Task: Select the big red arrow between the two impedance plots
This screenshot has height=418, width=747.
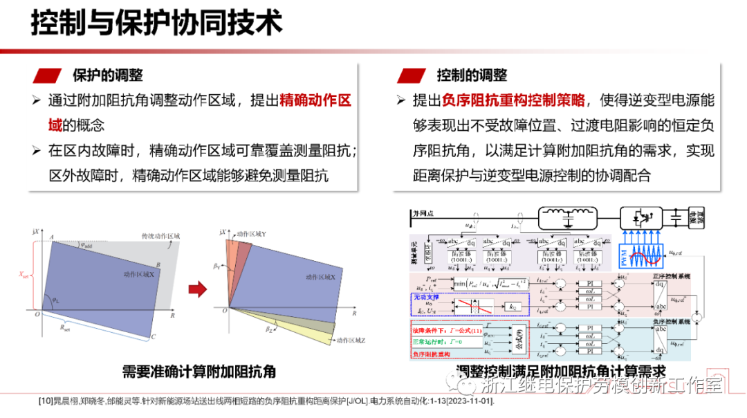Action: click(x=197, y=289)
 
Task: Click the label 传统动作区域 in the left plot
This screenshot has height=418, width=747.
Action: click(x=160, y=236)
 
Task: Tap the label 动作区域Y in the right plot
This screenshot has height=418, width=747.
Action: click(x=252, y=234)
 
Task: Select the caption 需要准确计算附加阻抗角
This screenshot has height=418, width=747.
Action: click(x=199, y=372)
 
